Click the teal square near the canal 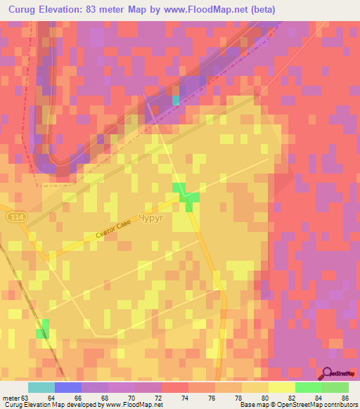click(176, 100)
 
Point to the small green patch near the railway click(44, 328)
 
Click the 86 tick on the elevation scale click(344, 397)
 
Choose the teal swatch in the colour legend click(41, 387)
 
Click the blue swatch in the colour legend click(68, 387)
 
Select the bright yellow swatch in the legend click(281, 387)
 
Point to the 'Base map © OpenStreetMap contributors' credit click(295, 405)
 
